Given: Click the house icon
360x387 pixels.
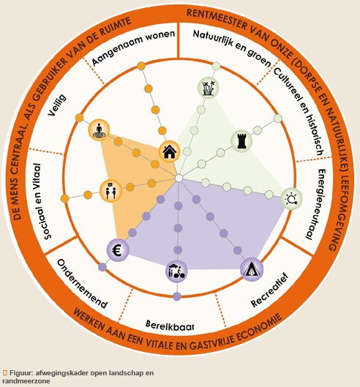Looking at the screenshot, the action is pos(169,151).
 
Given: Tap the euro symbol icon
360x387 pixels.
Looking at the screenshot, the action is pos(118,249).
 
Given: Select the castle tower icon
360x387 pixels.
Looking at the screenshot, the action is pos(241,141).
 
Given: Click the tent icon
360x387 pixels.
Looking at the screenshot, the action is pos(252,269).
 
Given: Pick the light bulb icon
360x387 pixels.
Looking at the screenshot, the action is pos(292,198).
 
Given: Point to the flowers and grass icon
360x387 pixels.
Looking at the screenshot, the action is pos(209,88).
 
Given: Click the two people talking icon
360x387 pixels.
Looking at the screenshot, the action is pos(111,190).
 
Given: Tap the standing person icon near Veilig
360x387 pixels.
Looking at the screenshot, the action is pos(99,129).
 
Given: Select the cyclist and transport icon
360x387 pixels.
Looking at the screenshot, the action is pos(176,271).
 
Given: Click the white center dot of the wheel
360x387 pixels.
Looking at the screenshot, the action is pos(179,178).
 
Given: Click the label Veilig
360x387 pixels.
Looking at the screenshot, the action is pos(57,105).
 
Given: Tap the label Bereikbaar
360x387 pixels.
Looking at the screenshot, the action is pos(170,326).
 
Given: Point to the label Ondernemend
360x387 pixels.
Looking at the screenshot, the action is pos(83,284).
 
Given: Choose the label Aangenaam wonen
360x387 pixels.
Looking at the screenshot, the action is pos(133,47).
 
